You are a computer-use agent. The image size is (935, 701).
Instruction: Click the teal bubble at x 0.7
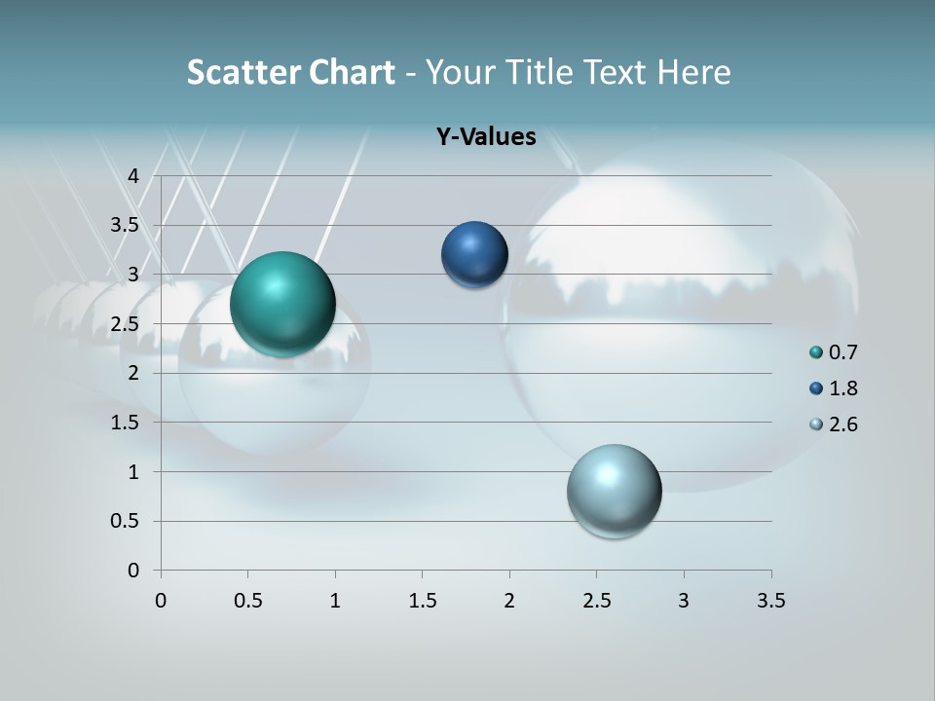(x=283, y=304)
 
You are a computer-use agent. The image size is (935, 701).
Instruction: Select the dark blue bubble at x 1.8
(x=474, y=254)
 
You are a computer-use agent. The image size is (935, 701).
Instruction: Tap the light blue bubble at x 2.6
(x=614, y=491)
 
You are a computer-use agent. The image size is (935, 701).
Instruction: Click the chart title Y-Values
(x=485, y=137)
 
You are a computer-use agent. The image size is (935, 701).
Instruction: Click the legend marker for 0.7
(x=816, y=352)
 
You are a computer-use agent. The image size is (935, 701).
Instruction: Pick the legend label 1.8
(x=843, y=388)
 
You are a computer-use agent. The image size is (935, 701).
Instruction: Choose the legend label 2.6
(x=843, y=424)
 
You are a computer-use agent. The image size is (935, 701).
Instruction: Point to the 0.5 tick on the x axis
(x=247, y=601)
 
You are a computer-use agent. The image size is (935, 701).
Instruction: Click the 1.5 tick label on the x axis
(x=422, y=601)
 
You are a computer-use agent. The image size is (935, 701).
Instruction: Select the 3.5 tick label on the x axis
(x=770, y=601)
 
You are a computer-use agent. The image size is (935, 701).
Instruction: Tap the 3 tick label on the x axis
(x=684, y=601)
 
